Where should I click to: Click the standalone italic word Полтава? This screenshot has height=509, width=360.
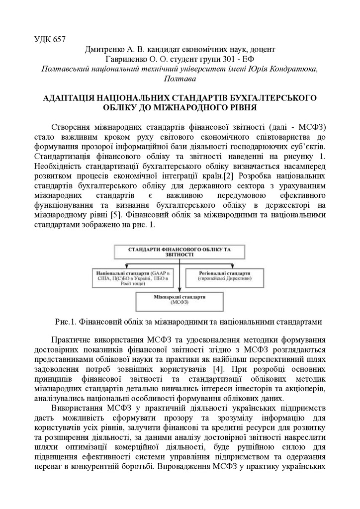coord(180,79)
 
